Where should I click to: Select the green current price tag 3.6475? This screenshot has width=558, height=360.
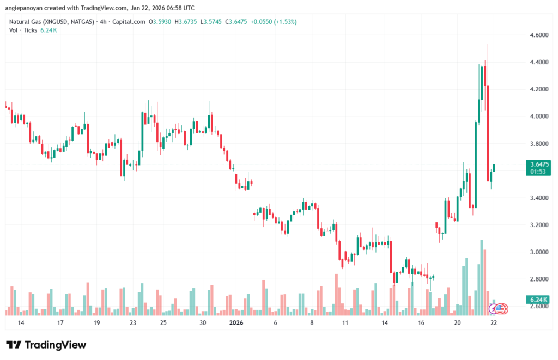point(539,164)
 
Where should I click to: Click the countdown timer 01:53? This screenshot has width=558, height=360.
point(539,172)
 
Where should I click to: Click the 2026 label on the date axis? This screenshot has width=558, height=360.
point(236,322)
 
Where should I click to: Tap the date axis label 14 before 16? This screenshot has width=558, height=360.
point(385,322)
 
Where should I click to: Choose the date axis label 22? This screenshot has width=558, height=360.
point(494,322)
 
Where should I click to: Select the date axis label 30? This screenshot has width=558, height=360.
point(203,322)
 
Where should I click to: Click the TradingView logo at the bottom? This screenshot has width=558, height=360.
point(46,345)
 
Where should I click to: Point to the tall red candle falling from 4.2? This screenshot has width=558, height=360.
point(488,133)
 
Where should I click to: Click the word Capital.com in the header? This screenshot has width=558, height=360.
point(130,22)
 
